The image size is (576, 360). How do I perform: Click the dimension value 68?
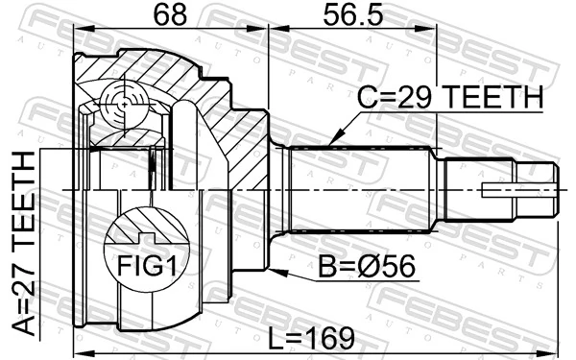click(x=169, y=16)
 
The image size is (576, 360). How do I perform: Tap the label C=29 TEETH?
click(x=450, y=97)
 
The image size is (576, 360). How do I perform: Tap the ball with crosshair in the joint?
click(x=123, y=100)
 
